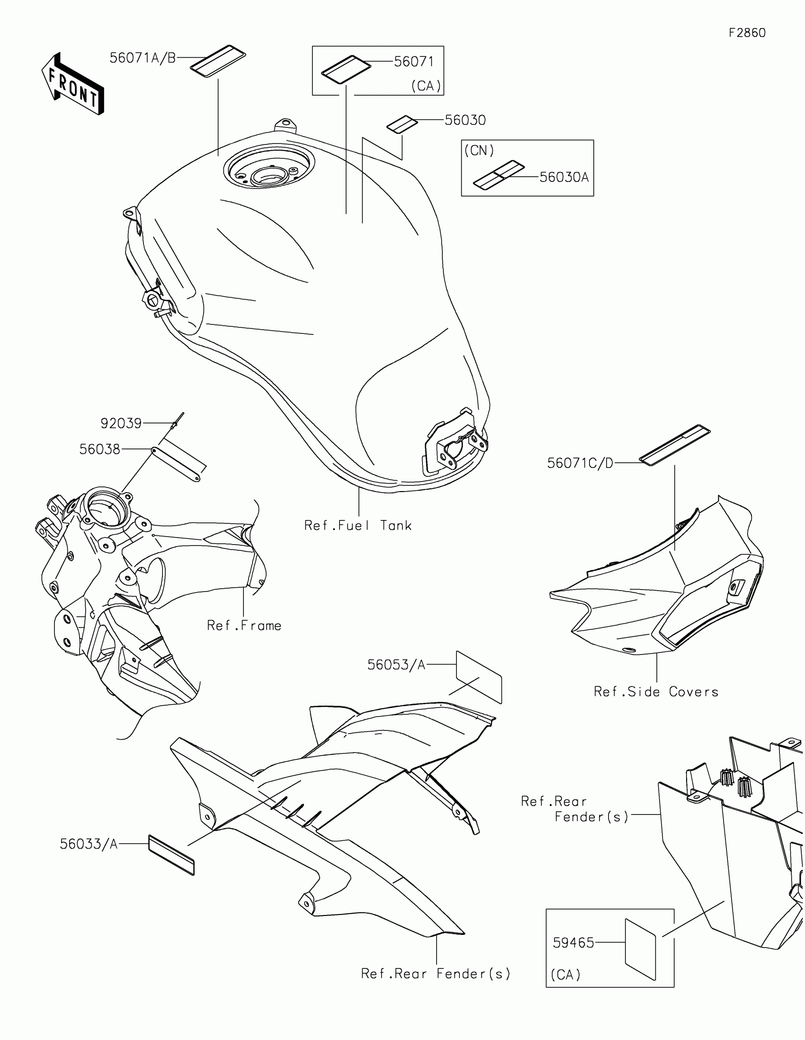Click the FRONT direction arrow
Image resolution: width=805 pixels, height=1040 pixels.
point(73,84)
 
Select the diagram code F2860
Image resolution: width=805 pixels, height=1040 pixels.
point(747,33)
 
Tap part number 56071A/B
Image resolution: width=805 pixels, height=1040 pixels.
point(143,58)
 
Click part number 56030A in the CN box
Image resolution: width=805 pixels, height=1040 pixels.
point(563,177)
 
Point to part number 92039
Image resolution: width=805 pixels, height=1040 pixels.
point(121,423)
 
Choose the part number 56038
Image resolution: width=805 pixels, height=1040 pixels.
point(99,449)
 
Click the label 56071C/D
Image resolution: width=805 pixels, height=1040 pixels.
point(580,463)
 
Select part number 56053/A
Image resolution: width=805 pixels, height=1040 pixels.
point(395,665)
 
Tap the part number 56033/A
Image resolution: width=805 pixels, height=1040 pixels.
point(89,844)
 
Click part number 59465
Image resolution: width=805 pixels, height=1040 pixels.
point(573,943)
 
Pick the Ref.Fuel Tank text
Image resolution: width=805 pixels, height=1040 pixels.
point(358,525)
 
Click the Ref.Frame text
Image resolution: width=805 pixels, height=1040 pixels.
point(244,625)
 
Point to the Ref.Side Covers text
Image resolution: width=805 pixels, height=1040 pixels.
point(655,691)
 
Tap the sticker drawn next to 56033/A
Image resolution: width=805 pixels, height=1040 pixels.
point(171,855)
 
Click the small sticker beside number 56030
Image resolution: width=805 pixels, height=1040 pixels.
point(402,124)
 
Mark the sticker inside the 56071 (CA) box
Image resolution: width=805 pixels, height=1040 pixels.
point(346,70)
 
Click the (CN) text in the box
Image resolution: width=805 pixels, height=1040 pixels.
point(479,151)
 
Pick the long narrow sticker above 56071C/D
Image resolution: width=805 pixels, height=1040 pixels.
point(674,444)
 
